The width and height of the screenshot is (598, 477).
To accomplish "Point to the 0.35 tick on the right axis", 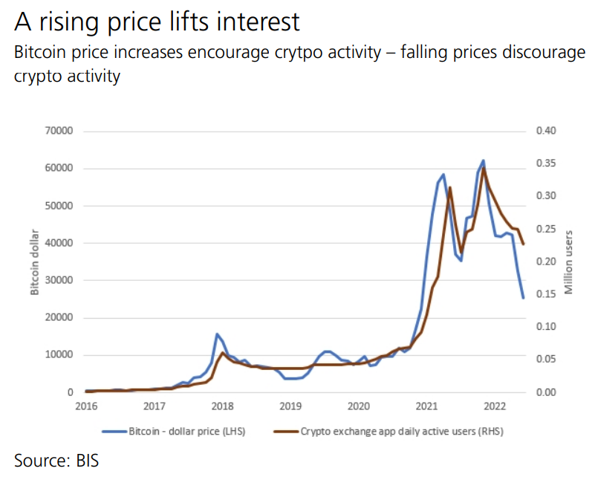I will tap(545, 164).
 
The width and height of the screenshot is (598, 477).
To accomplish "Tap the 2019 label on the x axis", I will tap(290, 406).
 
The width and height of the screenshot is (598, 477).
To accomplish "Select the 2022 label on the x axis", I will tap(495, 406).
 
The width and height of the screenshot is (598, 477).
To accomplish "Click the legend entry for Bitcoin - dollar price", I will tap(179, 430).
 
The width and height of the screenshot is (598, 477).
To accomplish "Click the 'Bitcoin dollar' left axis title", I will tap(34, 262).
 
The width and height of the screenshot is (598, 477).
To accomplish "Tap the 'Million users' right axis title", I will tap(569, 262).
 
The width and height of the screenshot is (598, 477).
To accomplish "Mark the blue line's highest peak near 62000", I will tap(484, 160).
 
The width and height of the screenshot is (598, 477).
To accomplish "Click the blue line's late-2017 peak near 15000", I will tap(216, 334).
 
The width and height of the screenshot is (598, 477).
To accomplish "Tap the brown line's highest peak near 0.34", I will tap(484, 169).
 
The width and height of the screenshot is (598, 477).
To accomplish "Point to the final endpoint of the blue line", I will tap(524, 298).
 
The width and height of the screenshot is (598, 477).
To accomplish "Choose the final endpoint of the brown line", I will tap(524, 244).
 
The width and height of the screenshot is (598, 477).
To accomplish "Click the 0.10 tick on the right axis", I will tap(545, 327).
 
